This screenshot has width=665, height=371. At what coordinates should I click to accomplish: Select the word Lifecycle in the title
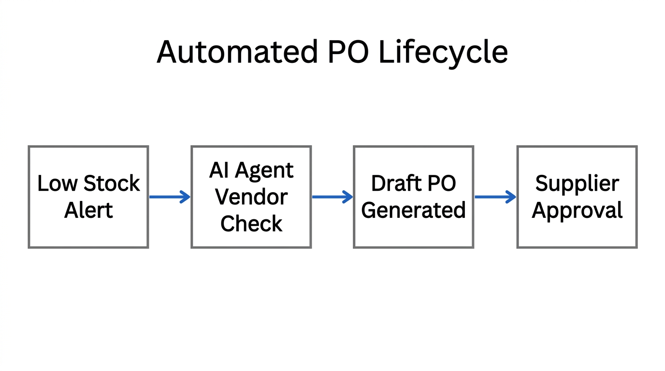coord(443,52)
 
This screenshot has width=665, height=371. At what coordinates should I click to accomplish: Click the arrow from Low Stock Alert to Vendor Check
coord(170,197)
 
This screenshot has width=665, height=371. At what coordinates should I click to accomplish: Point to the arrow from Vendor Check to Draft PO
coord(332,197)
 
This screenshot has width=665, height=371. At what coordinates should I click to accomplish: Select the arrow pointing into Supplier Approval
coord(495,197)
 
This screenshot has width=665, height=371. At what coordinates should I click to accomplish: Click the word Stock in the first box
coord(112,184)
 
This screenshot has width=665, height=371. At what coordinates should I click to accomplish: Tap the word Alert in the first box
coord(88,210)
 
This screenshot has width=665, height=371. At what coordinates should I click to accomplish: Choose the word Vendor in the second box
coord(251,197)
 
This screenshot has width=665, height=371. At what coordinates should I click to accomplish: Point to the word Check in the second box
coord(251,224)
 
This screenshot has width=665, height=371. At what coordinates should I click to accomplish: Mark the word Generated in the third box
coord(413,211)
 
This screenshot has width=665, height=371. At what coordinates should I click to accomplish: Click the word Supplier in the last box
coord(577,184)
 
